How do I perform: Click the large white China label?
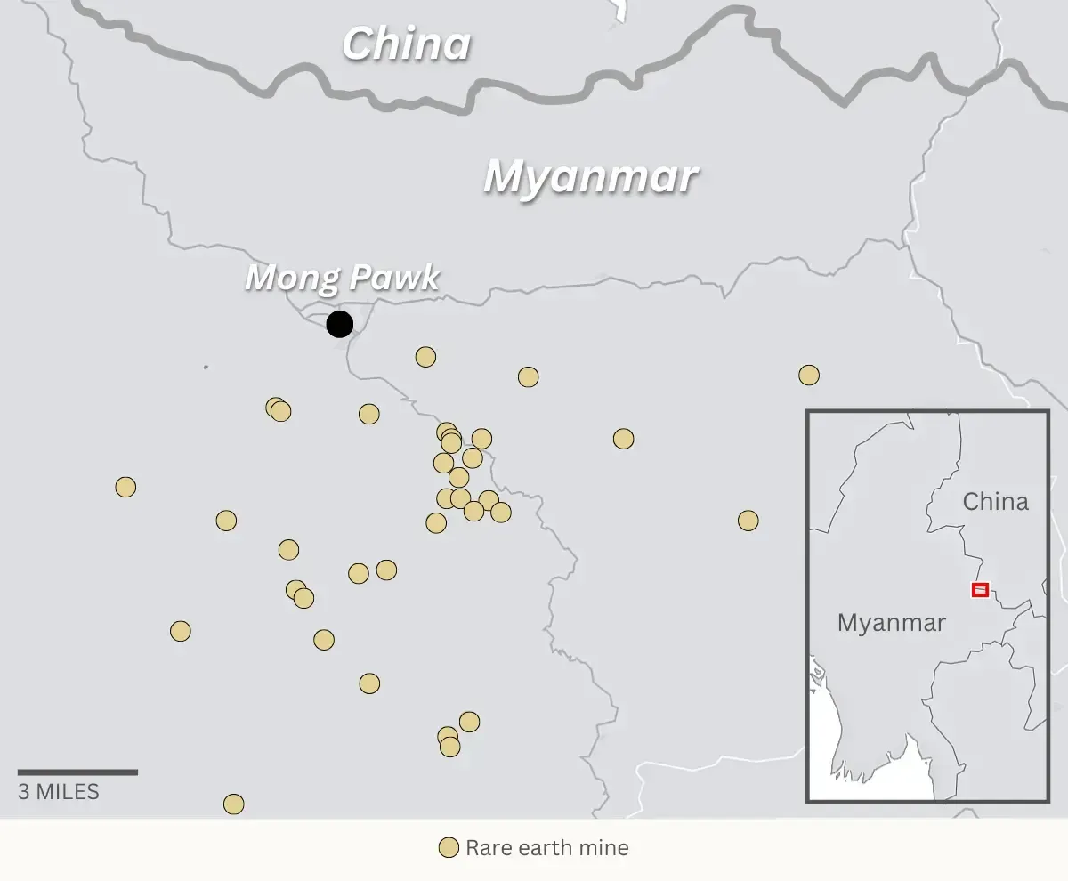(406, 44)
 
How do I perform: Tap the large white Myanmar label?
(590, 177)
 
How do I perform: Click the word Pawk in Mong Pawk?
(392, 278)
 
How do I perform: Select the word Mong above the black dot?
(290, 278)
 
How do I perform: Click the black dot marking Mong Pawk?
(339, 324)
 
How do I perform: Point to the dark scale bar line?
(77, 772)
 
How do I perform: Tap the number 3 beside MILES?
(24, 791)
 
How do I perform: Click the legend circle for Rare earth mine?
(449, 848)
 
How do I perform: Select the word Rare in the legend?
(487, 848)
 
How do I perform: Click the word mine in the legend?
(604, 848)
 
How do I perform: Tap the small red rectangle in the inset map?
(980, 589)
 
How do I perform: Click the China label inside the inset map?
(995, 502)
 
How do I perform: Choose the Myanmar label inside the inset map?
(891, 623)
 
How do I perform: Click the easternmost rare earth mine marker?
(808, 375)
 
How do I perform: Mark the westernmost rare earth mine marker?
(125, 487)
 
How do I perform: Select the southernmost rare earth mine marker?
(233, 804)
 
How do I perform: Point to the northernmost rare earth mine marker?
(425, 357)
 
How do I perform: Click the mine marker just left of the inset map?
(748, 521)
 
